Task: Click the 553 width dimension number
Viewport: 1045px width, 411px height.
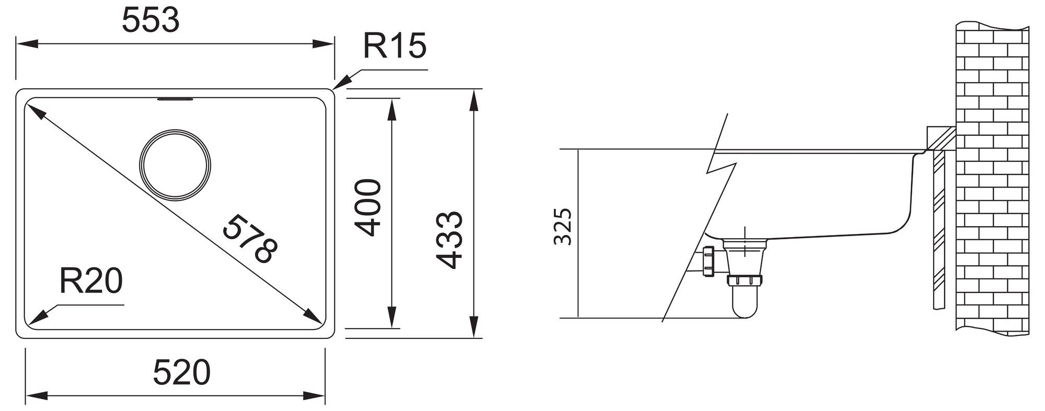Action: pos(150,21)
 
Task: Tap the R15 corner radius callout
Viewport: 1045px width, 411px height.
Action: pos(394,46)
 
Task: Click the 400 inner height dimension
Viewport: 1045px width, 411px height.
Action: pos(368,208)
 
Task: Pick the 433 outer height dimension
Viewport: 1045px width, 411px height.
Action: pos(449,240)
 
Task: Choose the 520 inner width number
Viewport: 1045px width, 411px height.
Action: pos(181,372)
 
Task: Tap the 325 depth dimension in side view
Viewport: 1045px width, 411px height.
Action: pos(563,227)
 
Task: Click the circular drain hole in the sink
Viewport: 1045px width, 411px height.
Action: pos(175,165)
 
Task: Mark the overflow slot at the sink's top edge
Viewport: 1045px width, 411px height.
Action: pos(176,99)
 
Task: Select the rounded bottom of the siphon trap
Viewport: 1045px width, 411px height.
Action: pos(745,311)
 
